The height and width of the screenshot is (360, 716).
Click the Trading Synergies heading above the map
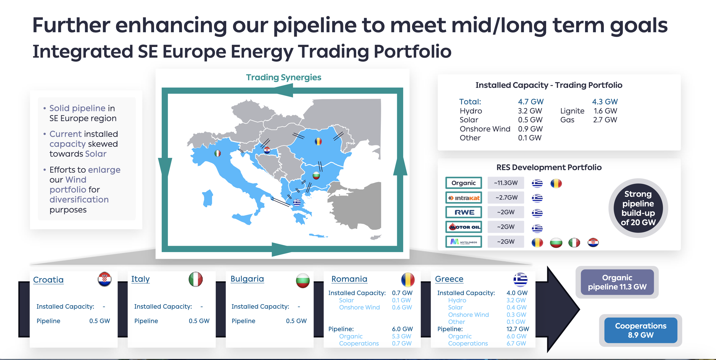pos(284,77)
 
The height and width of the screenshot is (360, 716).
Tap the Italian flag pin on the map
pos(218,153)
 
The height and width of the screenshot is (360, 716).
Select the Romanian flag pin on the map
pos(318,141)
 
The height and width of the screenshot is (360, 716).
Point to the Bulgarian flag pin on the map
pos(316,175)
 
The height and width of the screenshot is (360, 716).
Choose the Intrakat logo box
pos(464,198)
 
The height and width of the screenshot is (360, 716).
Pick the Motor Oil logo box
pos(464,227)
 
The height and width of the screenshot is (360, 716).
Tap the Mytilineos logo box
pos(464,242)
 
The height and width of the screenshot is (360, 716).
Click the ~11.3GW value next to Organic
pos(506,183)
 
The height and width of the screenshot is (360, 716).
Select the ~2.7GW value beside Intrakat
pos(506,198)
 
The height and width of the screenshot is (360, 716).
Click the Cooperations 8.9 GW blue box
pos(641,330)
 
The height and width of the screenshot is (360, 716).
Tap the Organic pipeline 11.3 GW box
pos(617,282)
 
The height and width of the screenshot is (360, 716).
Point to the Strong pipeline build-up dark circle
pos(638,208)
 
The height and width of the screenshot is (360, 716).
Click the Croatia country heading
pos(48,280)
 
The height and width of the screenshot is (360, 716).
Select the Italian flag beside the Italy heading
pos(196,279)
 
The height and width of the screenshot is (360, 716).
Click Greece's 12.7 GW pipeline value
pos(517,329)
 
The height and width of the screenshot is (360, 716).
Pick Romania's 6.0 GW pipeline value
pos(402,329)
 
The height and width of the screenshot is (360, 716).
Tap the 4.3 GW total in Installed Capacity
pos(605,102)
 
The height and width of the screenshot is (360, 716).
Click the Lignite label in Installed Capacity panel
pos(572,111)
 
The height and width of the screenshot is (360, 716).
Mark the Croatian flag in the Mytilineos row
pos(593,242)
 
